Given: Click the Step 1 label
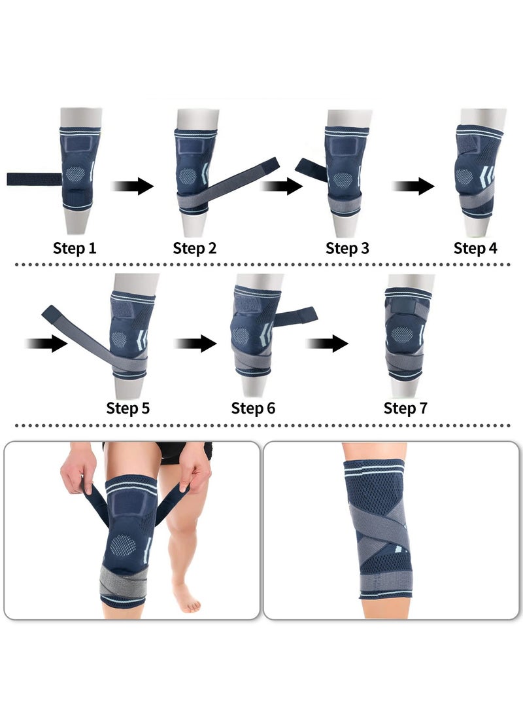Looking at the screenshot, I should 75,249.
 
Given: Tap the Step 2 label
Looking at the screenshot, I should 194,249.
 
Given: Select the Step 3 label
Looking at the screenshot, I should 347,249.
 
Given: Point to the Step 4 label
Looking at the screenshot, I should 475,249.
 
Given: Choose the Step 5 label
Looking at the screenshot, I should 128,408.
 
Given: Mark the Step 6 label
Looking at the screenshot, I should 253,408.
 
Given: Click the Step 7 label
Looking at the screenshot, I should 405,408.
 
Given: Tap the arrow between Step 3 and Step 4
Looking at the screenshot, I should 413,187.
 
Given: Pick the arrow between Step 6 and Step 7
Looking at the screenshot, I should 327,343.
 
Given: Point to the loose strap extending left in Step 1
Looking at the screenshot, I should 33,179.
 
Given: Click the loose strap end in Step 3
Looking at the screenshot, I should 311,170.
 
